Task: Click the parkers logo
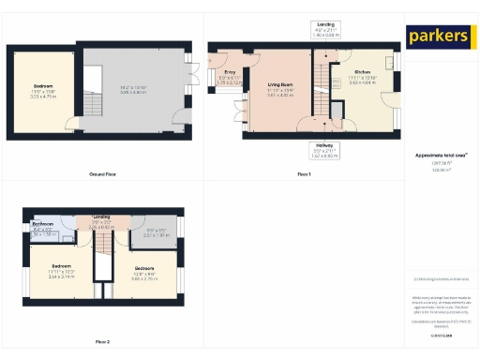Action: click(x=438, y=37)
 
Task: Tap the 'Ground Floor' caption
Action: click(x=102, y=174)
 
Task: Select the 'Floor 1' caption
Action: click(x=304, y=174)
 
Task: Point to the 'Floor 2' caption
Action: click(x=102, y=341)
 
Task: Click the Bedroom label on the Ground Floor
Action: click(x=44, y=85)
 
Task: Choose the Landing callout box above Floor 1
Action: click(x=326, y=27)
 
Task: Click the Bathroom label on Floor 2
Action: click(x=44, y=225)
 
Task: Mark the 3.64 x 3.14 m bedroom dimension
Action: click(x=62, y=277)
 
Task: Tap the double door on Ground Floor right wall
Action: click(x=191, y=72)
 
